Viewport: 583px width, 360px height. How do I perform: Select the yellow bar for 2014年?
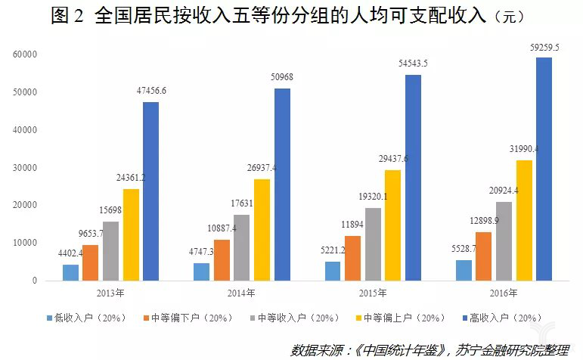(x=262, y=229)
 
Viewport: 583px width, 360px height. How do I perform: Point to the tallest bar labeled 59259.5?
(x=544, y=169)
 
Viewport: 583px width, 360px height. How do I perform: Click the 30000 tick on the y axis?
(x=25, y=167)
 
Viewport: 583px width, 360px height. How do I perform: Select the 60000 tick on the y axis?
(x=25, y=54)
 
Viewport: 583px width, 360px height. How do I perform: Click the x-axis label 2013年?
(x=110, y=293)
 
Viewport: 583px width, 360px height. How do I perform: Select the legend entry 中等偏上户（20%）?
(x=407, y=318)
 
